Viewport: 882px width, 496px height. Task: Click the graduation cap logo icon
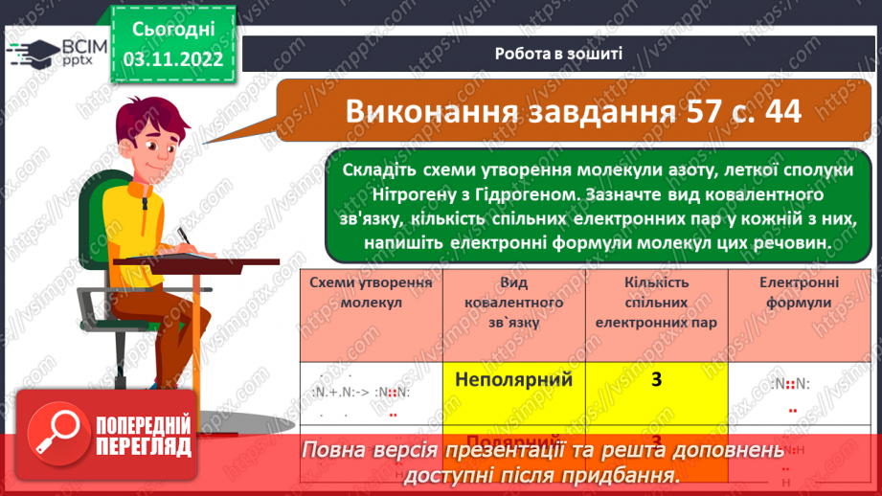[32, 51]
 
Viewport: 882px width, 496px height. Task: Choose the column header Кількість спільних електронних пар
[656, 303]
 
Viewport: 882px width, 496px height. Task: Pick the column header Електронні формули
[799, 292]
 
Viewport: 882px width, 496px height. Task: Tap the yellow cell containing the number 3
[656, 380]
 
